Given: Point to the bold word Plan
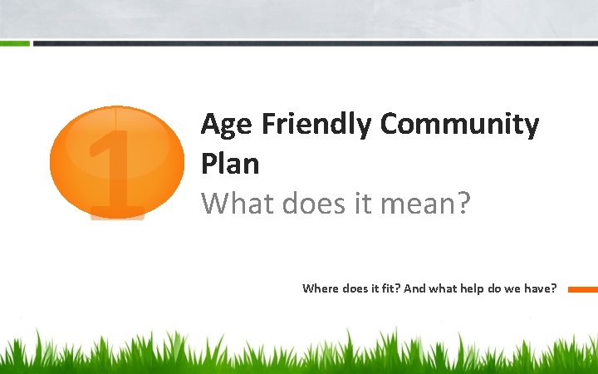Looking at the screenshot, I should pos(230,164).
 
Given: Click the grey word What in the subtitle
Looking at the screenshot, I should pos(236,202).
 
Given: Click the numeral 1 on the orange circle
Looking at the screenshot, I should pos(115,170).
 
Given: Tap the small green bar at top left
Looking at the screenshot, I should pos(15,43).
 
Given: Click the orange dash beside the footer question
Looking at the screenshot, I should pos(582,289).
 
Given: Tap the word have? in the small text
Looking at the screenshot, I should pos(541,289).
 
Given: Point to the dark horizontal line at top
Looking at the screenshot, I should pos(316,43).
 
